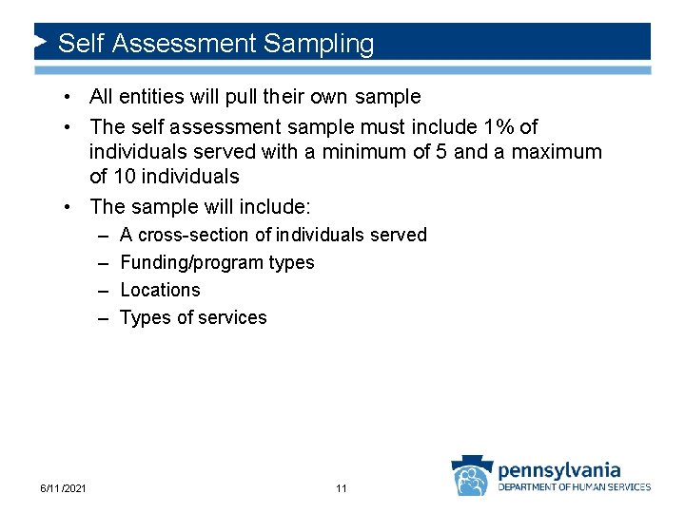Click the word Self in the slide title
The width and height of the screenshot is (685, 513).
pyautogui.click(x=79, y=44)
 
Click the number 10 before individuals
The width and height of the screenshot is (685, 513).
pyautogui.click(x=126, y=177)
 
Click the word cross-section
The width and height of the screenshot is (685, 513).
pyautogui.click(x=194, y=235)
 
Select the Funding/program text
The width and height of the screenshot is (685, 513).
pyautogui.click(x=181, y=262)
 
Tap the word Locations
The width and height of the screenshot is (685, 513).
pyautogui.click(x=160, y=290)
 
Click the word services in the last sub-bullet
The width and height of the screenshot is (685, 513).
pyautogui.click(x=233, y=317)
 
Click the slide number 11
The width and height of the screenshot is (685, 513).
pyautogui.click(x=342, y=488)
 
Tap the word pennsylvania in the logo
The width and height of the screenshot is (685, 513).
pyautogui.click(x=559, y=469)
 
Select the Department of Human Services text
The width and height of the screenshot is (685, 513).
pyautogui.click(x=575, y=487)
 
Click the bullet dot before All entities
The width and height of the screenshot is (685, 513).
pyautogui.click(x=70, y=97)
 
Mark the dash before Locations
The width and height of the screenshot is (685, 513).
pyautogui.click(x=102, y=290)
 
